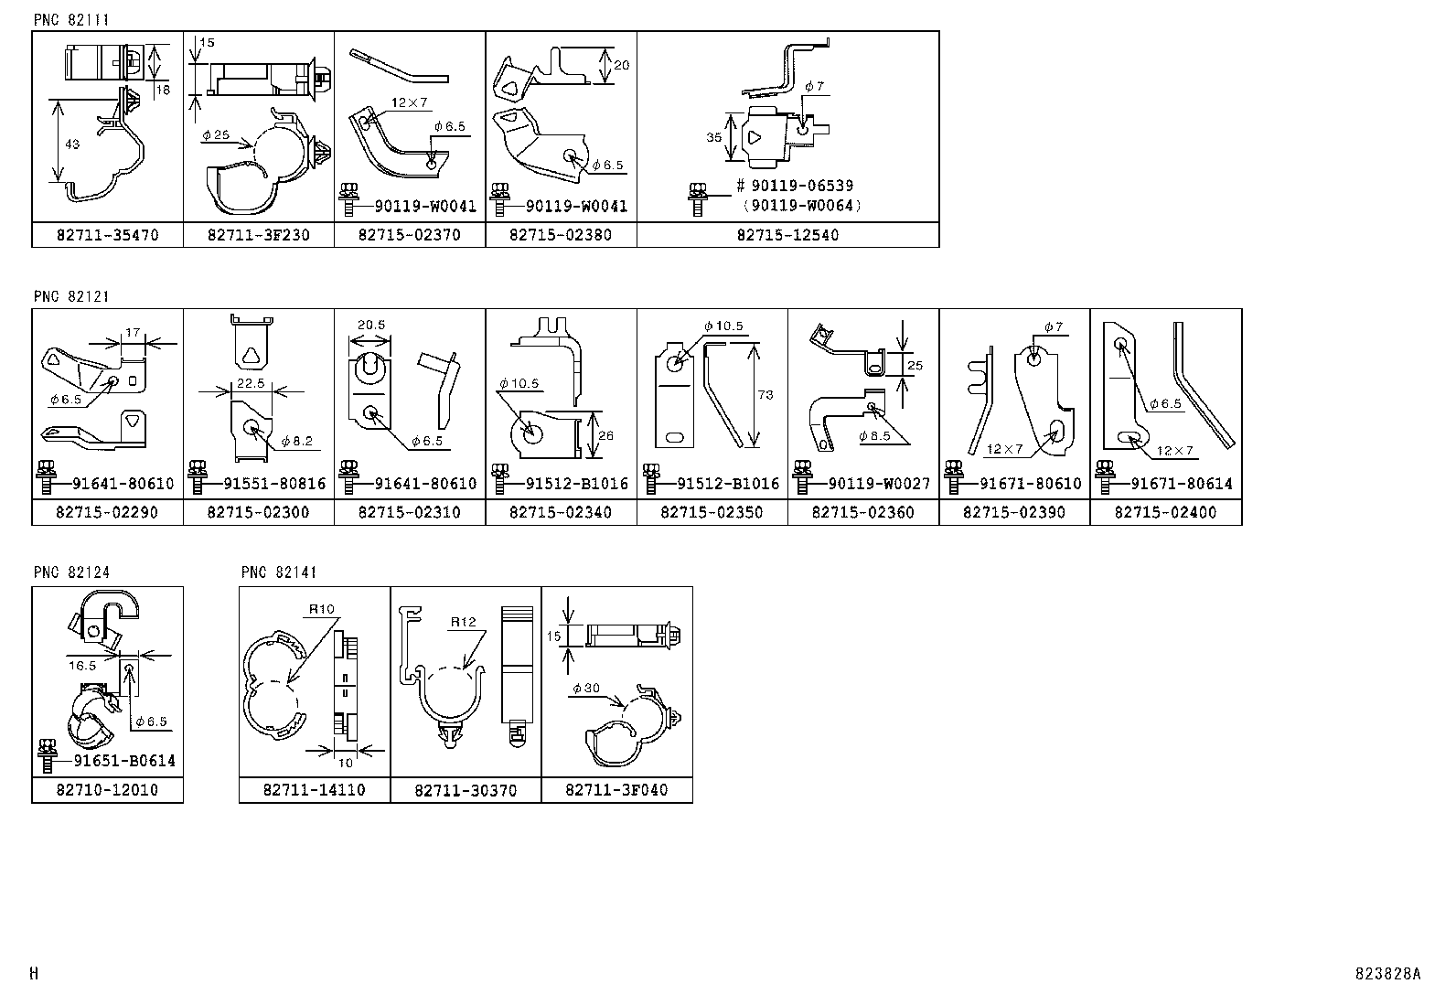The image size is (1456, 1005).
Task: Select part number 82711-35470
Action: tap(108, 235)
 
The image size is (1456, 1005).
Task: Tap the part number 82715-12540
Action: tap(787, 235)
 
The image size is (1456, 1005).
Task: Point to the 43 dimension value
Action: tap(73, 144)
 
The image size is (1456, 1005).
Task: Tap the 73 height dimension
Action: tap(765, 395)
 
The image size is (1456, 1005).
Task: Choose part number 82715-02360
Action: tap(863, 513)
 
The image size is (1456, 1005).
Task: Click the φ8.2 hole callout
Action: tap(297, 441)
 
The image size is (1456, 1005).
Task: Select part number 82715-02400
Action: tap(1165, 513)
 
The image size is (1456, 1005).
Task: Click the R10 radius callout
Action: tap(322, 609)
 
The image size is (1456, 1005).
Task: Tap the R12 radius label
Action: tap(463, 622)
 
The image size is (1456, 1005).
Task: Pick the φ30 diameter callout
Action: tap(585, 688)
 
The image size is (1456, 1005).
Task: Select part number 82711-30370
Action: tap(466, 791)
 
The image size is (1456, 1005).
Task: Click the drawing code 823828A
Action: tap(1388, 974)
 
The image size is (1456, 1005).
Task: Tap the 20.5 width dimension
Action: tap(370, 325)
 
